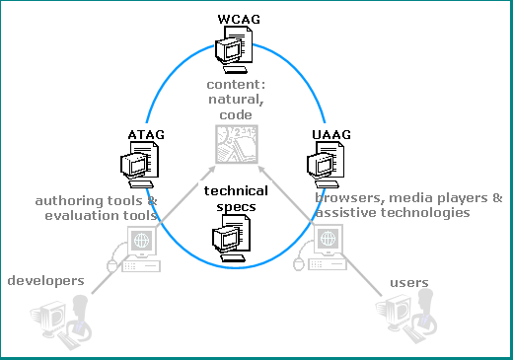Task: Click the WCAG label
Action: (x=239, y=19)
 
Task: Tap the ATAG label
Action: (x=146, y=135)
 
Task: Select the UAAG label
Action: (x=331, y=135)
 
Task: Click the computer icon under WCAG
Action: (x=234, y=49)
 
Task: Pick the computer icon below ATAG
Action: (x=139, y=165)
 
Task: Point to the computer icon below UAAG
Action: (x=326, y=165)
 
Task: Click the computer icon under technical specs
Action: (x=231, y=238)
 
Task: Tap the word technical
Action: (x=236, y=191)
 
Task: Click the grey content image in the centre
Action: (x=237, y=144)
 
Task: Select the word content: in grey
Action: (x=236, y=85)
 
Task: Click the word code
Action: (x=236, y=115)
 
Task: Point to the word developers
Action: (x=45, y=281)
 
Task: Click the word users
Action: (x=409, y=283)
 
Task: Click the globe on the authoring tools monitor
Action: (x=142, y=240)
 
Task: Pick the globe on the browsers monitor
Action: (x=328, y=238)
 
